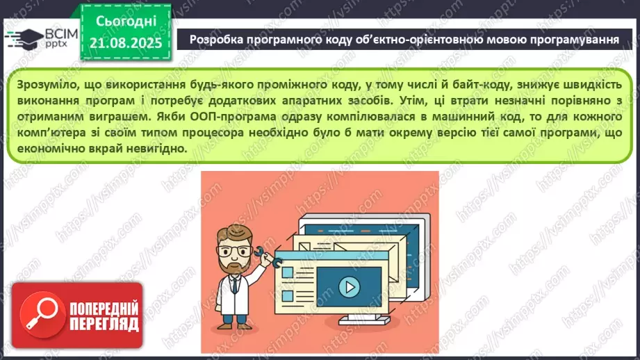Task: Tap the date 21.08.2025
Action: [x=125, y=42]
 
